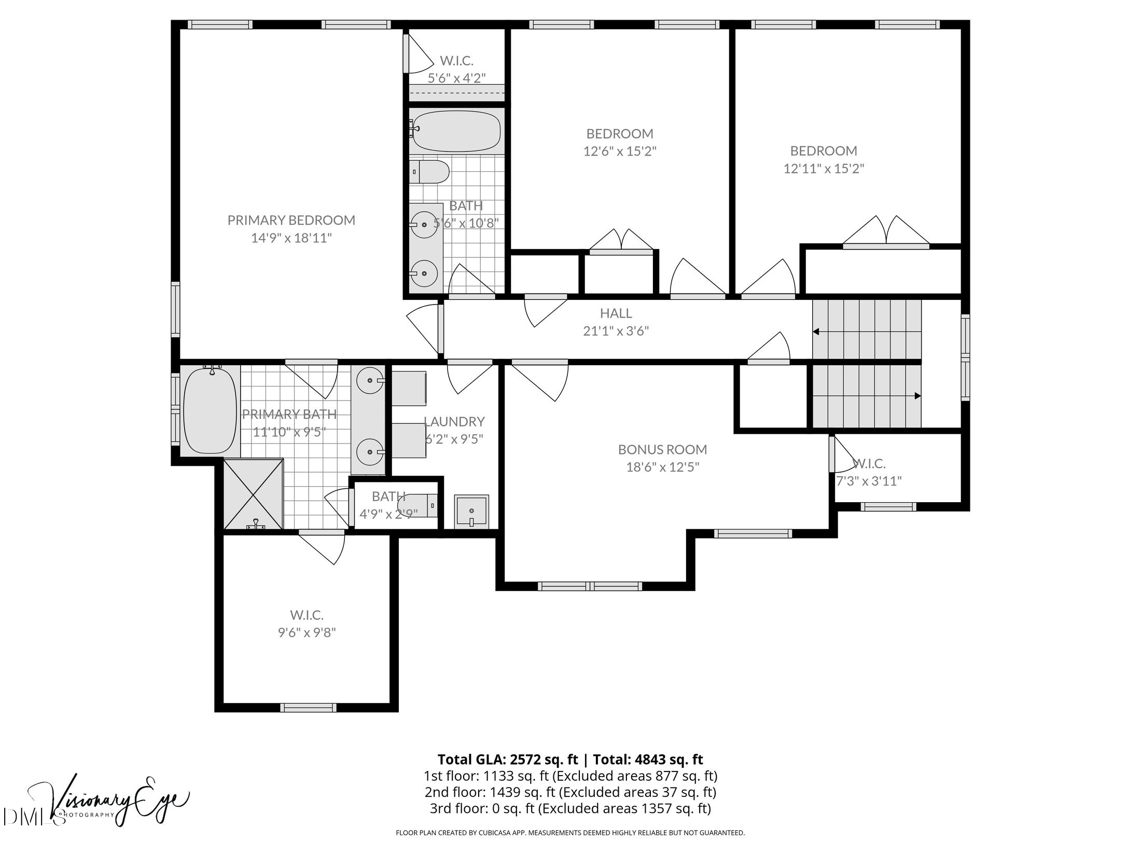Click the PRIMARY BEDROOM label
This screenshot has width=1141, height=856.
click(291, 220)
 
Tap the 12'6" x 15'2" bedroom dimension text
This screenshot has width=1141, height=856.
click(619, 151)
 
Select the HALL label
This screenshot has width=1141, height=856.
click(616, 313)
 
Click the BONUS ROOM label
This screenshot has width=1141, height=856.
click(662, 449)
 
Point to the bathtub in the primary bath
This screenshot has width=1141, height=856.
click(210, 410)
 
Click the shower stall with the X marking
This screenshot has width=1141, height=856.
click(254, 494)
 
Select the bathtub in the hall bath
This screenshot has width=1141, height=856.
click(456, 131)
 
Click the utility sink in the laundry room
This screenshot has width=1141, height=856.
click(471, 512)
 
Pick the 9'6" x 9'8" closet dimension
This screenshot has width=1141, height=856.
click(307, 633)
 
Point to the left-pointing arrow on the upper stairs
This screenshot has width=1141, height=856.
click(816, 332)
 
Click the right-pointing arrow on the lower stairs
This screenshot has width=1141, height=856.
click(917, 396)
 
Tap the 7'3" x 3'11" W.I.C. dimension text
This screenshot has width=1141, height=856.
click(869, 481)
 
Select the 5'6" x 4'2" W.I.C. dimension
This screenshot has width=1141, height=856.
click(456, 78)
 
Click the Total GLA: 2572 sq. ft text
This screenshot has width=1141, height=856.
click(507, 760)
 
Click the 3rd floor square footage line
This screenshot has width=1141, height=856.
click(570, 808)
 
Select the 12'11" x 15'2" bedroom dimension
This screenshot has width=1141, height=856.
click(823, 169)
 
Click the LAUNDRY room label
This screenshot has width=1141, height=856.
click(454, 421)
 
